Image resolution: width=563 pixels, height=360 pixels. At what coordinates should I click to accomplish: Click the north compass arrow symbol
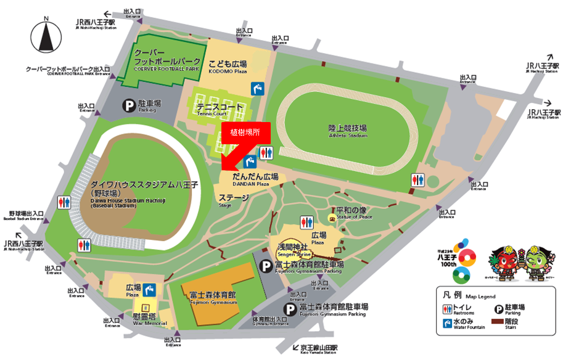click(x=46, y=38)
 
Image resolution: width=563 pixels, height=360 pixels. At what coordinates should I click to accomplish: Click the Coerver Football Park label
click(x=168, y=62)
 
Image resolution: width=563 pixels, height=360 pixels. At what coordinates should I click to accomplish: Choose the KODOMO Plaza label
click(x=228, y=67)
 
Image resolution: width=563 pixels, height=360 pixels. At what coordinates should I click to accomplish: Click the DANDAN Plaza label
click(x=255, y=179)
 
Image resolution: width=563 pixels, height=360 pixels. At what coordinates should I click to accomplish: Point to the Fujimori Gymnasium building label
click(x=213, y=297)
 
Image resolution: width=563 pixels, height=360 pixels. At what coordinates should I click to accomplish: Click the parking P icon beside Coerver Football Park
click(x=129, y=105)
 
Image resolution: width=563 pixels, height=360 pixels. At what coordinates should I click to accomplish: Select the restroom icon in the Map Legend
click(x=449, y=308)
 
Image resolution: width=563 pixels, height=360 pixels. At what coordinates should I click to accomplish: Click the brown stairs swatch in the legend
click(x=495, y=322)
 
